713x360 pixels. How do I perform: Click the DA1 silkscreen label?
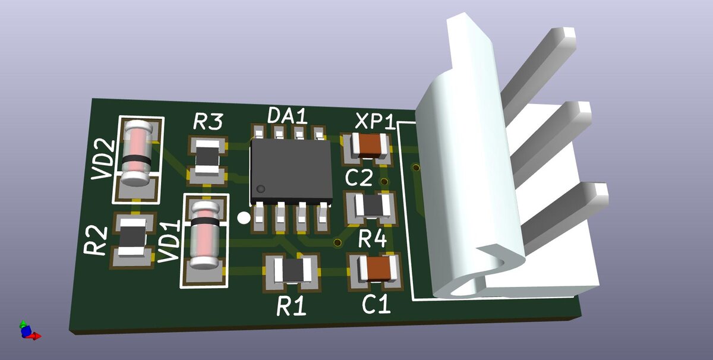(x=288, y=115)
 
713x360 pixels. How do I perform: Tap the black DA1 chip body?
(x=292, y=172)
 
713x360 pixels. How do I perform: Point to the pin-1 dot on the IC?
(x=261, y=189)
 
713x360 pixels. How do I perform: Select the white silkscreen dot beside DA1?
(x=244, y=217)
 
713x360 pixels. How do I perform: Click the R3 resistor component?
(x=207, y=157)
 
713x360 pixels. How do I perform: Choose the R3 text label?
(x=208, y=122)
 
